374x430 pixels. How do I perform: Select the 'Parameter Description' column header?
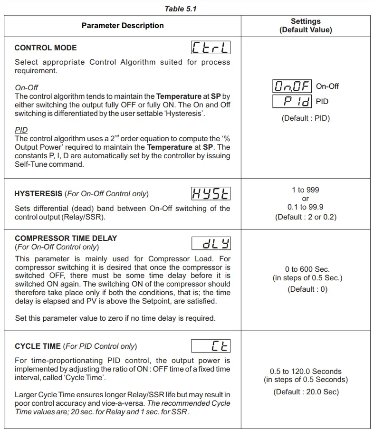(123, 26)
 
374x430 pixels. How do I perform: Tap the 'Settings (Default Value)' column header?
(306, 26)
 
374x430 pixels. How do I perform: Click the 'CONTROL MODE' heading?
(46, 48)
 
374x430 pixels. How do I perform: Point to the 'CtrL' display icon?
(211, 48)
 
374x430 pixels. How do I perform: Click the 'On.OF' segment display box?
(292, 86)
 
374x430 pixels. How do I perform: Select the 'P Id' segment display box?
(292, 101)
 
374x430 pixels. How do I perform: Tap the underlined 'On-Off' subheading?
(27, 88)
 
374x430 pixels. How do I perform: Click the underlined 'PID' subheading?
(21, 130)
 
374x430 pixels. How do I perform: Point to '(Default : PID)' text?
(306, 118)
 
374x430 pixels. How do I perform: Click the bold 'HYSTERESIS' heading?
(38, 194)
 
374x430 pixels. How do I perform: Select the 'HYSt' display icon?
(211, 193)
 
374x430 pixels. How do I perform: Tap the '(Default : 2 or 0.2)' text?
(306, 217)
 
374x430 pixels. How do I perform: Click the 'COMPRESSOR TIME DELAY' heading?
(66, 239)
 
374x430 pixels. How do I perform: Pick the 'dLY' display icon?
(211, 244)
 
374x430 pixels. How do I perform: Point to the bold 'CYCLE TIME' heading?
(38, 346)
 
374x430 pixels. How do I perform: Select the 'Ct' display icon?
(211, 346)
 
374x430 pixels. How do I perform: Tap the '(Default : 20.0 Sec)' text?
(306, 392)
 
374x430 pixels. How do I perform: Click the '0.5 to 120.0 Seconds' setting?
(306, 372)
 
